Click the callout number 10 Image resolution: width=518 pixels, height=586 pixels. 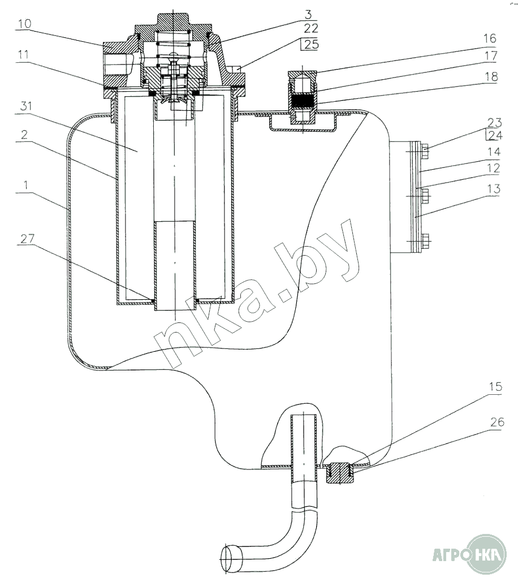[x=24, y=24]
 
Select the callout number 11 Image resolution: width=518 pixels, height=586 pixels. [x=23, y=55]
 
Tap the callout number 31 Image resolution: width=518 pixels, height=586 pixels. [x=26, y=106]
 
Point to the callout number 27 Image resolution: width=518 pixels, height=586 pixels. [x=27, y=239]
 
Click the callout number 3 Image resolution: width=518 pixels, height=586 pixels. [x=308, y=15]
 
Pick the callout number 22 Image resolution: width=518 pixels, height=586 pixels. [x=311, y=28]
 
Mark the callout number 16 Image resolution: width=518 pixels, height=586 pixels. [x=490, y=38]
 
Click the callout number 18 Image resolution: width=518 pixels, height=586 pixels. [x=491, y=76]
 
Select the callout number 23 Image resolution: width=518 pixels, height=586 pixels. [x=494, y=123]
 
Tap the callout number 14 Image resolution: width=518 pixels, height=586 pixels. [x=493, y=152]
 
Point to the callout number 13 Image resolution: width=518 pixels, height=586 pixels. [x=493, y=189]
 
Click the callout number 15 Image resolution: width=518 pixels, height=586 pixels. [x=495, y=386]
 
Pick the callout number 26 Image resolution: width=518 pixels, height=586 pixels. [x=497, y=422]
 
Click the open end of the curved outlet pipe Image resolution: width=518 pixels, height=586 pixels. [x=230, y=559]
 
